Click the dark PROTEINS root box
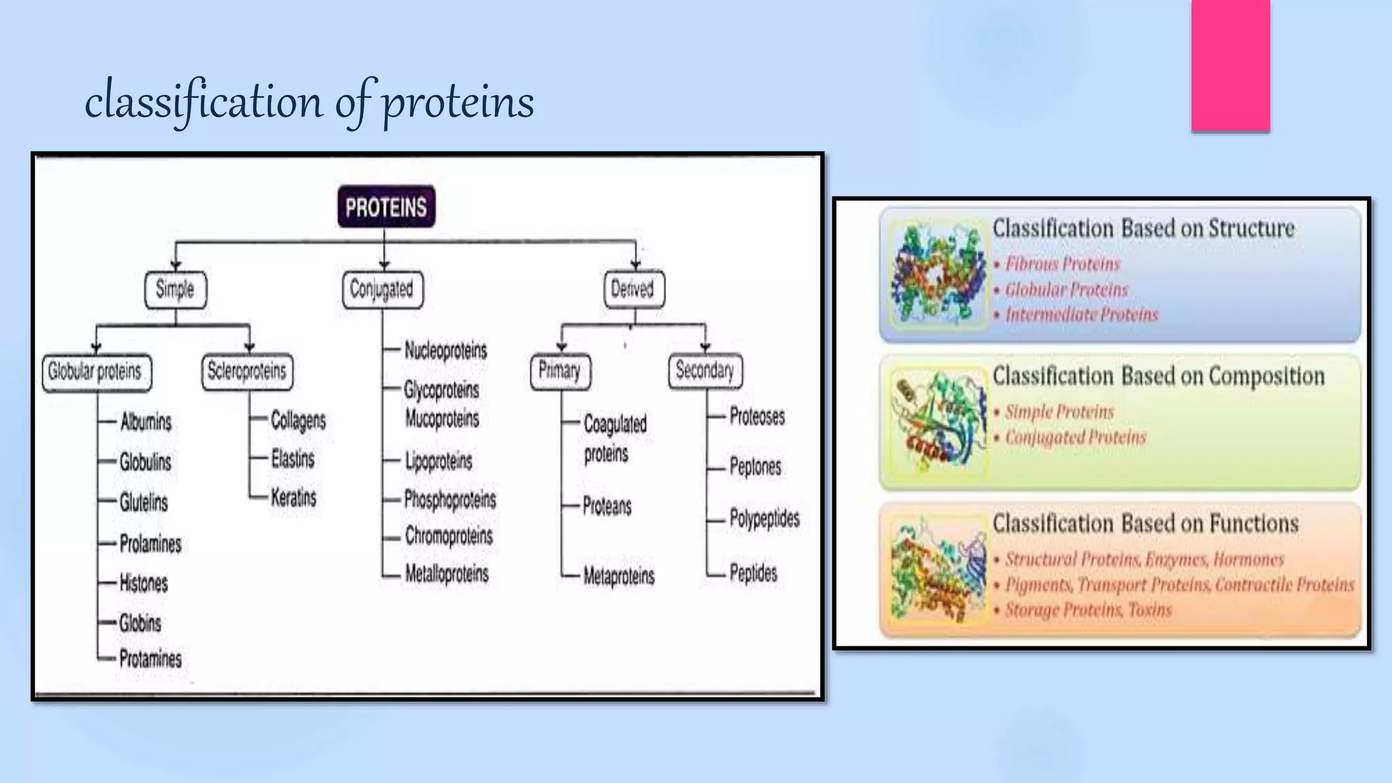click(386, 207)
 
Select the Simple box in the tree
click(175, 290)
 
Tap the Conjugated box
click(382, 290)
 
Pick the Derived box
click(633, 290)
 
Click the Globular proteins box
click(96, 372)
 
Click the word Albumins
click(145, 422)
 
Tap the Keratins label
click(294, 498)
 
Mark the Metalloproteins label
click(447, 574)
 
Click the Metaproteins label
click(619, 576)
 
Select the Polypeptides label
click(764, 519)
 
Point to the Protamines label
click(150, 659)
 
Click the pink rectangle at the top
click(1230, 65)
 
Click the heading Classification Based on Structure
click(1143, 228)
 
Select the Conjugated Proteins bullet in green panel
click(1075, 437)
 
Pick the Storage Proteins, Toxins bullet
click(1088, 610)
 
